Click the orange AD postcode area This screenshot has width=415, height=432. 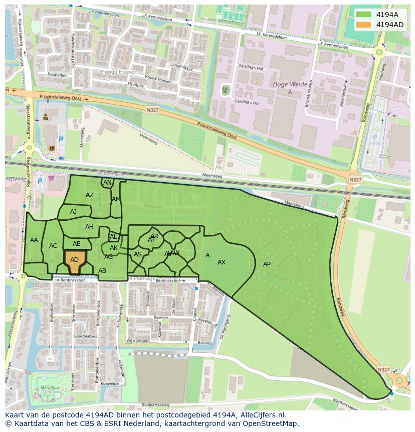pyautogui.click(x=75, y=261)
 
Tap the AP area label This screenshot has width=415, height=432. pyautogui.click(x=267, y=264)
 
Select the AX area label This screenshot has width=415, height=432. pyautogui.click(x=222, y=262)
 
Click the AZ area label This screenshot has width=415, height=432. pyautogui.click(x=90, y=195)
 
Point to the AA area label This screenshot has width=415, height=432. pyautogui.click(x=34, y=240)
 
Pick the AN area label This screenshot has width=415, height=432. pyautogui.click(x=107, y=183)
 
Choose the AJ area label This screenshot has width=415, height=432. pyautogui.click(x=74, y=212)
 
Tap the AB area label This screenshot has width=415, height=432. pyautogui.click(x=102, y=271)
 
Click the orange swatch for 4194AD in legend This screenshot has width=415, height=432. pyautogui.click(x=364, y=25)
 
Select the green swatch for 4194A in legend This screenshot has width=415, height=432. pyautogui.click(x=364, y=15)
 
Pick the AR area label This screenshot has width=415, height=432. pyautogui.click(x=154, y=236)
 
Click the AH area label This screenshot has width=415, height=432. pyautogui.click(x=89, y=227)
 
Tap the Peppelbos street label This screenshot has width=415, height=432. pyautogui.click(x=57, y=75)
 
